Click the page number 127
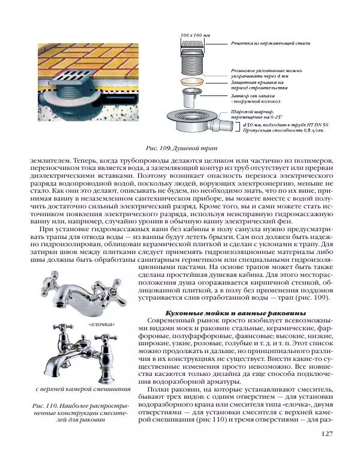(327, 434)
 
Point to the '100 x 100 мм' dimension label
(196, 36)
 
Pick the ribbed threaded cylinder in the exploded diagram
(196, 62)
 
